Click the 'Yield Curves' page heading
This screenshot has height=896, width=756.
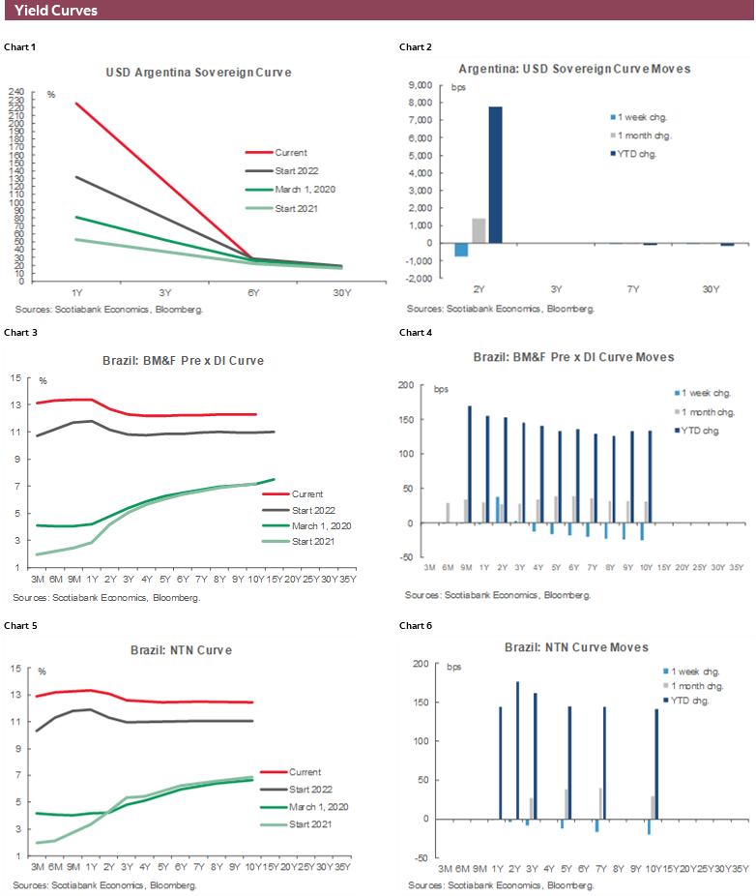click(56, 11)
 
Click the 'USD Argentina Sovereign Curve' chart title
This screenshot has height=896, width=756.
click(198, 73)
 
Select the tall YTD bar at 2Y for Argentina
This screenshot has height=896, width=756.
click(495, 175)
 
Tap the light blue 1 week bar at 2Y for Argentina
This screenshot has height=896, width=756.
click(461, 250)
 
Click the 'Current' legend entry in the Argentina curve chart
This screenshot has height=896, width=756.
click(290, 152)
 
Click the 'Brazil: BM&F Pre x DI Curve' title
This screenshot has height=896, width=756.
click(184, 360)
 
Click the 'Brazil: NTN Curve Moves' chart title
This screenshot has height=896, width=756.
click(576, 646)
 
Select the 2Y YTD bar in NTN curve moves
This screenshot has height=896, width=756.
click(518, 750)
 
